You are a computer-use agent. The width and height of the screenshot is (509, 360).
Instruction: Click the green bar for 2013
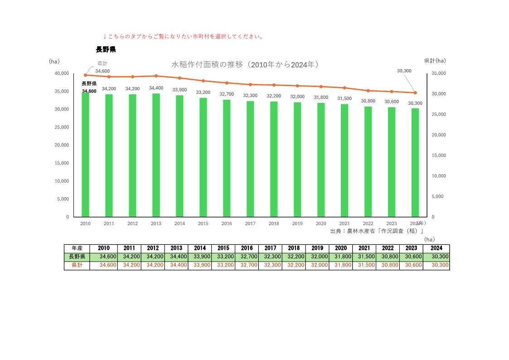coord(156,155)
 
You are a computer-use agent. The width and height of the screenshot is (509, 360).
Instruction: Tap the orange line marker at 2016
coord(227,83)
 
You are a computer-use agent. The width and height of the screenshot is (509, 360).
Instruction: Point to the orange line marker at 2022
coord(368,91)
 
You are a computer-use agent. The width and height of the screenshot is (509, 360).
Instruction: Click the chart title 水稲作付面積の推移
coord(245,65)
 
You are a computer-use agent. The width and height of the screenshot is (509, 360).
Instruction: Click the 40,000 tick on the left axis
coord(61,73)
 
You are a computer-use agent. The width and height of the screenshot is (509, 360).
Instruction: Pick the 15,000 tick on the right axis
coord(439,156)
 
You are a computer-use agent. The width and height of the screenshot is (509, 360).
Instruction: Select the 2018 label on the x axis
coord(274,224)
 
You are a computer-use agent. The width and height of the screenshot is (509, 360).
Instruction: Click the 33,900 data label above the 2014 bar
coord(179,90)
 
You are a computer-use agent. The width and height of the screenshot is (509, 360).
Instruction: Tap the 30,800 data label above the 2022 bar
coord(368,101)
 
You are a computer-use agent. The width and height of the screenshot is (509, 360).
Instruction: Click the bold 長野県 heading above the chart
coord(106,49)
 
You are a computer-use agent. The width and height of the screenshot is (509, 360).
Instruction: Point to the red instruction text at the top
coord(184,36)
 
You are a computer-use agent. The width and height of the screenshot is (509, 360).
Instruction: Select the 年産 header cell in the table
coord(77,248)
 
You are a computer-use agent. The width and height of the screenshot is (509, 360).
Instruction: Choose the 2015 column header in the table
coord(223,248)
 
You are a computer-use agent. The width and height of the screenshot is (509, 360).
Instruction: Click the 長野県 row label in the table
coord(77,257)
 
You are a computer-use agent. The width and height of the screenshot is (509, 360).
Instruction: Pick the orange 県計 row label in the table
coord(77,265)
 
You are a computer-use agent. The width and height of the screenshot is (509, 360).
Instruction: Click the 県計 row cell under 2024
coord(436,265)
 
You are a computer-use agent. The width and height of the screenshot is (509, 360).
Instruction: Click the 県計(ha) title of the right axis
coord(435,61)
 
